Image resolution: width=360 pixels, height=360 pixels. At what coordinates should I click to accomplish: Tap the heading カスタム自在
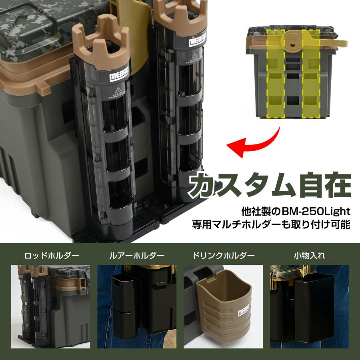click(x=270, y=185)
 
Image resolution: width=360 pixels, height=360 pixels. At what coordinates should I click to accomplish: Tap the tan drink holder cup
click(x=226, y=304)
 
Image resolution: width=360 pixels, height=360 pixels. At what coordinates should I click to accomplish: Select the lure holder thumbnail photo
click(x=138, y=306)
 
